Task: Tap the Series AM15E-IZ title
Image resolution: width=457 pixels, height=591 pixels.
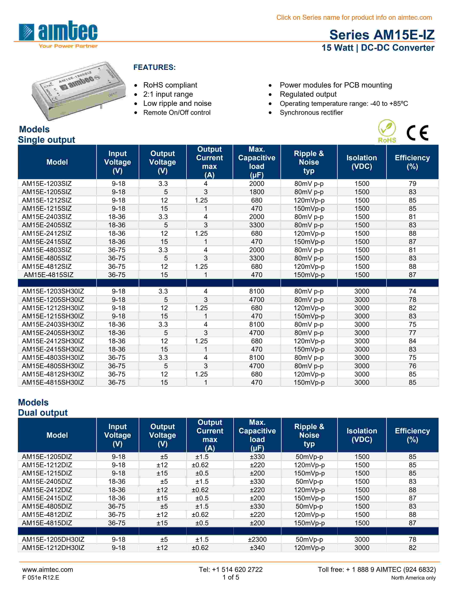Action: (x=382, y=35)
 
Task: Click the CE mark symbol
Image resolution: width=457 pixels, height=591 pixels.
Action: (x=417, y=133)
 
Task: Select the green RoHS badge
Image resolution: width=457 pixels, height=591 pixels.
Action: (x=387, y=131)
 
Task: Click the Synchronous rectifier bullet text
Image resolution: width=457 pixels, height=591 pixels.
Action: (x=311, y=113)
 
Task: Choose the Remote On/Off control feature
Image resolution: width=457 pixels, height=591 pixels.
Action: (x=177, y=113)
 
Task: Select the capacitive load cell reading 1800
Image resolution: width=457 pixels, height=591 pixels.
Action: (x=256, y=192)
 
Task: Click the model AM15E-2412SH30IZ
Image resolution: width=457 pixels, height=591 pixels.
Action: (x=53, y=341)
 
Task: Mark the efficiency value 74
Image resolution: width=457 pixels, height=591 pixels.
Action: (x=412, y=291)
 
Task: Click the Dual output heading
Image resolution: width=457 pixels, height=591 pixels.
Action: (x=43, y=413)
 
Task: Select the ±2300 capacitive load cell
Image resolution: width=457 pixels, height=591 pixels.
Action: (x=257, y=539)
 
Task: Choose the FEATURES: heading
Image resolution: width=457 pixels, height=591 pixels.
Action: (x=154, y=67)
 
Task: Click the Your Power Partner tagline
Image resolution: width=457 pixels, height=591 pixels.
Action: (x=68, y=46)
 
